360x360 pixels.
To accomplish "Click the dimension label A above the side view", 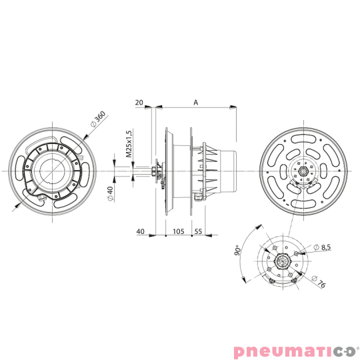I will click(x=195, y=101).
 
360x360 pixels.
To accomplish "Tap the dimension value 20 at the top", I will click(x=139, y=101).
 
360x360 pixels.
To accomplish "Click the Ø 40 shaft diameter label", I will click(x=110, y=193).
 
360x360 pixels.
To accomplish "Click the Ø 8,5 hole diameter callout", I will click(x=324, y=247).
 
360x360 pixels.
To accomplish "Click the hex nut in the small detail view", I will click(x=281, y=259).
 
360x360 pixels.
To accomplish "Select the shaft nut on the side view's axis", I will click(x=155, y=171).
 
